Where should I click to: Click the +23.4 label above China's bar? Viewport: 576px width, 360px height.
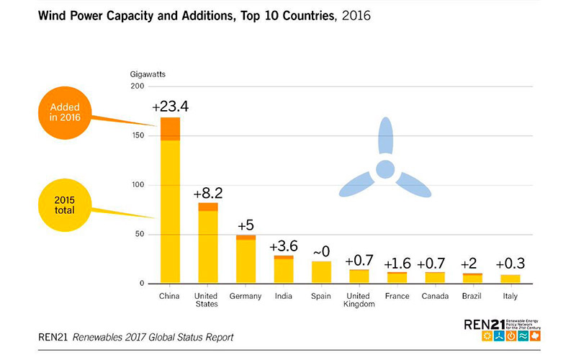pyautogui.click(x=170, y=107)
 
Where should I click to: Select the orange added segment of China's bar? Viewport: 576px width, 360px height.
pyautogui.click(x=170, y=129)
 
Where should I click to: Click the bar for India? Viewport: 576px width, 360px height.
pyautogui.click(x=284, y=269)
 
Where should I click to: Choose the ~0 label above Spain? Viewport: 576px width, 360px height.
pyautogui.click(x=321, y=251)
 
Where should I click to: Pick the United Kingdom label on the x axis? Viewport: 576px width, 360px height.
pyautogui.click(x=359, y=299)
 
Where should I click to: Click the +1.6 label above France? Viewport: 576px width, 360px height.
pyautogui.click(x=397, y=262)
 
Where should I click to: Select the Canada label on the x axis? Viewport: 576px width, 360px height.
pyautogui.click(x=434, y=295)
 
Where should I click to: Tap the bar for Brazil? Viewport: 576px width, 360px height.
pyautogui.click(x=472, y=278)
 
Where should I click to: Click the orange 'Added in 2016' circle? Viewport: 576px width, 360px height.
pyautogui.click(x=65, y=112)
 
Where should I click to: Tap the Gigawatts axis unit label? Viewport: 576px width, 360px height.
pyautogui.click(x=148, y=73)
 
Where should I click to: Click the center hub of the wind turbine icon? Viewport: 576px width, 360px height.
pyautogui.click(x=385, y=169)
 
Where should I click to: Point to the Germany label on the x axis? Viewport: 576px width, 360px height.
pyautogui.click(x=246, y=295)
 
